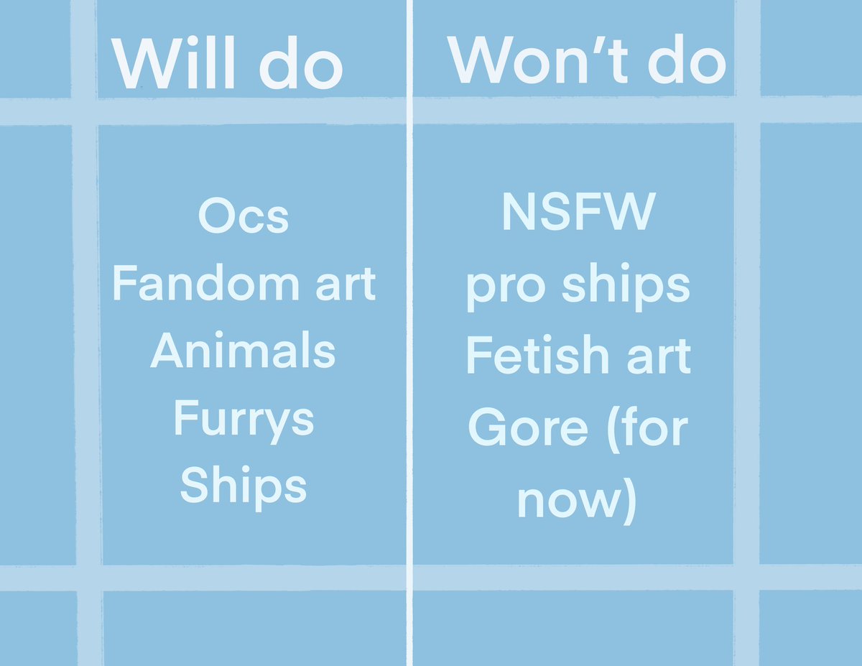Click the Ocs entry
click(x=243, y=216)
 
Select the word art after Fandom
click(x=346, y=285)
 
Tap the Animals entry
click(x=243, y=352)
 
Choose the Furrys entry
click(x=243, y=420)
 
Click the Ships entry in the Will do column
click(x=243, y=486)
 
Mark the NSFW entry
click(x=578, y=213)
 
